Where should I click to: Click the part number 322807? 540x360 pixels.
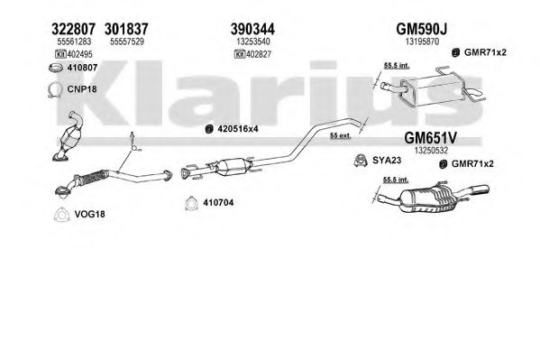pyautogui.click(x=73, y=29)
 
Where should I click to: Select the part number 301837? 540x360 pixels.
pyautogui.click(x=126, y=29)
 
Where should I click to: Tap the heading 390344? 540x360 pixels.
pyautogui.click(x=252, y=29)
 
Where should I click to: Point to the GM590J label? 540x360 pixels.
pyautogui.click(x=422, y=29)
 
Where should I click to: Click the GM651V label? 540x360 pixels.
pyautogui.click(x=431, y=138)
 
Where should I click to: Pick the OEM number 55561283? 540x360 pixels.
pyautogui.click(x=74, y=42)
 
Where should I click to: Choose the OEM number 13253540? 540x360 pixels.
pyautogui.click(x=253, y=42)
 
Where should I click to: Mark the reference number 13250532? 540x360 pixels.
pyautogui.click(x=431, y=151)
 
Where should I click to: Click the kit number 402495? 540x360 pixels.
pyautogui.click(x=80, y=54)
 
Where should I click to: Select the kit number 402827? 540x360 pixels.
pyautogui.click(x=259, y=54)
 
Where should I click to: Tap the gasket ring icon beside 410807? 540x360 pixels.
pyautogui.click(x=56, y=68)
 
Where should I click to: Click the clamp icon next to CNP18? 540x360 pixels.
pyautogui.click(x=55, y=89)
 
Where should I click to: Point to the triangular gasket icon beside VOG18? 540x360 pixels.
pyautogui.click(x=61, y=215)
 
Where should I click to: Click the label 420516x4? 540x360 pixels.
pyautogui.click(x=238, y=129)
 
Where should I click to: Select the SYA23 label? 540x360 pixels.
pyautogui.click(x=387, y=161)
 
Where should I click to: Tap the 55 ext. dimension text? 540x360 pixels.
pyautogui.click(x=340, y=135)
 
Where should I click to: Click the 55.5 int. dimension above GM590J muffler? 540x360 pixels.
pyautogui.click(x=397, y=65)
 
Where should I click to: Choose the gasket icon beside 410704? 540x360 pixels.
pyautogui.click(x=190, y=203)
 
